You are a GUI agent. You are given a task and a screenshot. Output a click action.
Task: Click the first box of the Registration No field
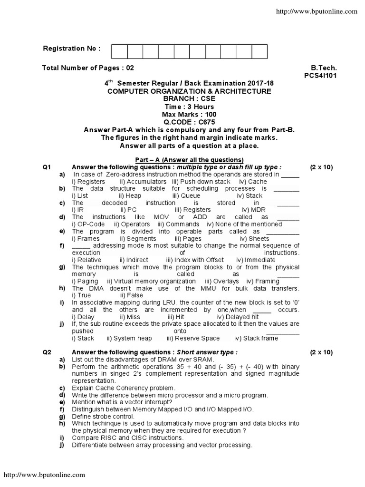click(119, 51)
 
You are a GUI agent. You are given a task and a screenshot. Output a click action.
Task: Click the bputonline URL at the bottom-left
click(45, 475)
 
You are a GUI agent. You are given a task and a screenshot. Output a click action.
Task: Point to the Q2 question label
click(47, 352)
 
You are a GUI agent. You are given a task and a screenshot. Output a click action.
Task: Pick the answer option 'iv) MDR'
click(254, 210)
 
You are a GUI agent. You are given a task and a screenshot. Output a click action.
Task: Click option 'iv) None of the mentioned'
click(244, 224)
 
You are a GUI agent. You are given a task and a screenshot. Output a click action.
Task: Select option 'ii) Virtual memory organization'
click(151, 281)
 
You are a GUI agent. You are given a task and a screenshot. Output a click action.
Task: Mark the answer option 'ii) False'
click(132, 295)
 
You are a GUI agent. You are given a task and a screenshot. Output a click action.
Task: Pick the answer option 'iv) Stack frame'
click(256, 338)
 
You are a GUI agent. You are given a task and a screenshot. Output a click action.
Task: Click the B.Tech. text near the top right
click(324, 68)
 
